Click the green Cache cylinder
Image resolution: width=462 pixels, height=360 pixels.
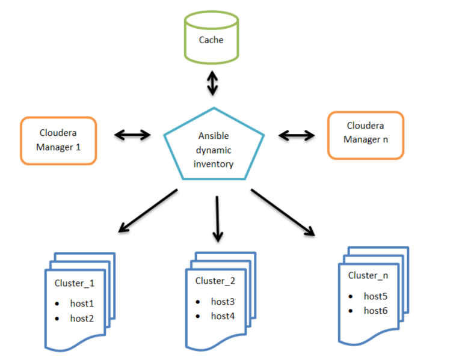pyautogui.click(x=211, y=40)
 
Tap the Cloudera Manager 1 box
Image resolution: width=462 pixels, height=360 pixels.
pyautogui.click(x=58, y=140)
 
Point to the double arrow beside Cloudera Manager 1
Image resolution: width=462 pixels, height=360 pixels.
pyautogui.click(x=132, y=135)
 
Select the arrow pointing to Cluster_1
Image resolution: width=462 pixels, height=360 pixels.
pyautogui.click(x=148, y=210)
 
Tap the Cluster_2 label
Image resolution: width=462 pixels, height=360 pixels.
pyautogui.click(x=215, y=281)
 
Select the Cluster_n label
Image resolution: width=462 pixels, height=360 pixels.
pyautogui.click(x=368, y=275)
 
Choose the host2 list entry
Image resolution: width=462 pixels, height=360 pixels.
pyautogui.click(x=82, y=319)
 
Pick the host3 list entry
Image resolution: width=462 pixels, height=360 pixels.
pyautogui.click(x=223, y=301)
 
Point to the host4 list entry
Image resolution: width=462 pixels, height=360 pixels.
pyautogui.click(x=223, y=316)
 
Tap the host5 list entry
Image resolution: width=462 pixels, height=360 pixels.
pyautogui.click(x=375, y=296)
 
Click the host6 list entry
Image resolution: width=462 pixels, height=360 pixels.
pyautogui.click(x=375, y=310)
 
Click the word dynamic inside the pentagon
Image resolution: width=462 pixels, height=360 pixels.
pyautogui.click(x=214, y=150)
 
